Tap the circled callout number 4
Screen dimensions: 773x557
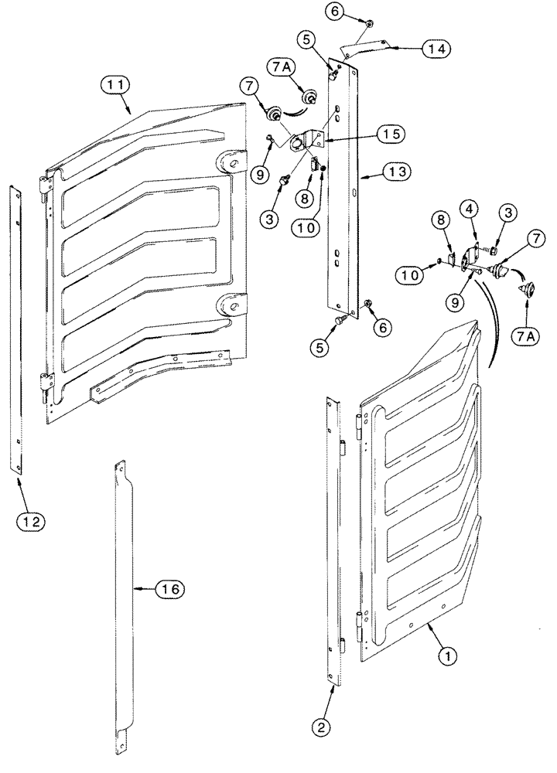click(x=469, y=208)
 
